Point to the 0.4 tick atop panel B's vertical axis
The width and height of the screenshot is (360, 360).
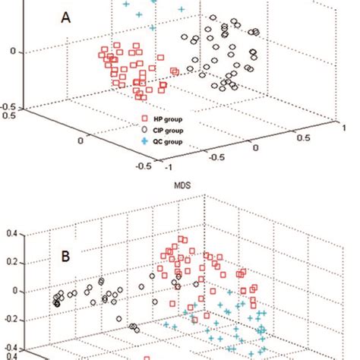(x=11, y=235)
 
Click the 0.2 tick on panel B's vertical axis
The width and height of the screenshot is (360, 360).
(x=11, y=263)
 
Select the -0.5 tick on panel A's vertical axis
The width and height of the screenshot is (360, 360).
(x=10, y=107)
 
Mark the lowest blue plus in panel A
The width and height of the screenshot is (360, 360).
(x=153, y=28)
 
